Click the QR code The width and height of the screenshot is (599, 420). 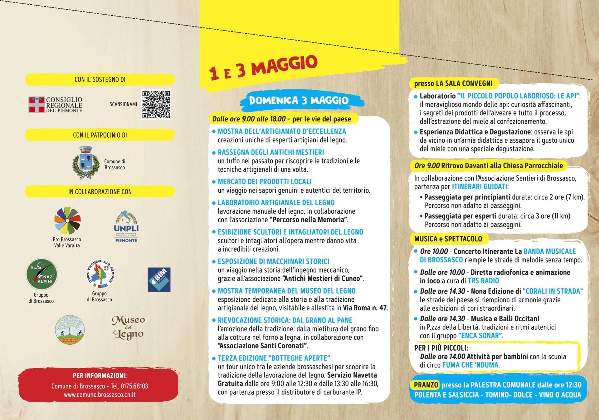point(156,105)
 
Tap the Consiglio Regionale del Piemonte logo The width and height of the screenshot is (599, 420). point(56,105)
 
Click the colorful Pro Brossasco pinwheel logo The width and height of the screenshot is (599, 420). point(67,220)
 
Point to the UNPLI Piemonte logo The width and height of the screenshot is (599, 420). point(126,227)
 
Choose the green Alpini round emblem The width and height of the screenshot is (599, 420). point(41,274)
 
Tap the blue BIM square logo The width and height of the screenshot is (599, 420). point(159,279)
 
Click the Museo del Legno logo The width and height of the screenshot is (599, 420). point(129,328)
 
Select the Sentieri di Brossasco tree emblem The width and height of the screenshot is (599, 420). point(70,330)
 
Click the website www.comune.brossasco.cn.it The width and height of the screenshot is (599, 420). point(100,394)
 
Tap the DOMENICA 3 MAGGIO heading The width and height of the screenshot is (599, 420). point(299,101)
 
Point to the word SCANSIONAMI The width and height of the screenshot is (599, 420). point(123,104)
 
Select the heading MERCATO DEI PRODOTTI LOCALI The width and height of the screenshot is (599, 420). point(265,182)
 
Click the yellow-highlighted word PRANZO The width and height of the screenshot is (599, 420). point(426,385)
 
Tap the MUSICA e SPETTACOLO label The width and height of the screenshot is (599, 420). point(448,239)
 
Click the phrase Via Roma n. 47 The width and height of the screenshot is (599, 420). point(365,308)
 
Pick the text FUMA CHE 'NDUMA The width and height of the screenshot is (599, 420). point(470,365)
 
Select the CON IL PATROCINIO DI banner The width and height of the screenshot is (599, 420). point(100,135)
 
